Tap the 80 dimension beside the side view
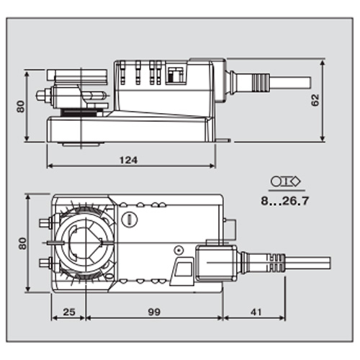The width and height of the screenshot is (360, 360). click(x=22, y=106)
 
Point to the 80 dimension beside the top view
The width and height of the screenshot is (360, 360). click(x=21, y=243)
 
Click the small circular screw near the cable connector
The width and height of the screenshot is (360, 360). click(x=176, y=250)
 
